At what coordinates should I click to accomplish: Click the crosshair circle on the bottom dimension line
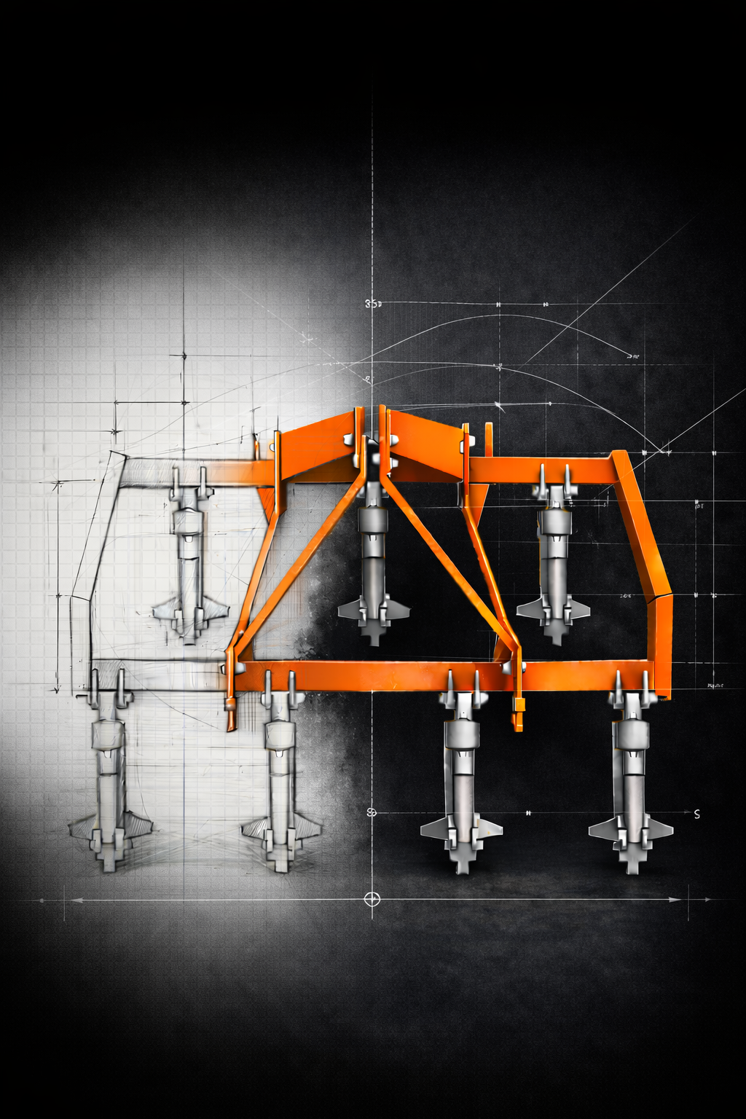pyautogui.click(x=372, y=898)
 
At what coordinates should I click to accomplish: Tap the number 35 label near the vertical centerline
pyautogui.click(x=372, y=305)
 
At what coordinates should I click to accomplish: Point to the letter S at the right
pyautogui.click(x=696, y=814)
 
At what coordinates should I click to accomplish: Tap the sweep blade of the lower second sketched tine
pyautogui.click(x=282, y=829)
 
